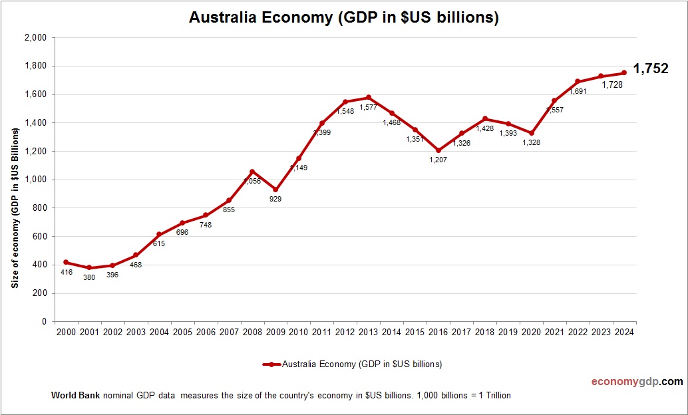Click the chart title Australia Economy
[343, 18]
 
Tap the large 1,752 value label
[650, 69]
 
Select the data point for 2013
[369, 98]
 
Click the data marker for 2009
[275, 190]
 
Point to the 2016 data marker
[438, 150]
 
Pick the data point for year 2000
[66, 262]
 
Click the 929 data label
[275, 199]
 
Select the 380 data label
[89, 277]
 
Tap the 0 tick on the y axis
[43, 322]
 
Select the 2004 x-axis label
[159, 333]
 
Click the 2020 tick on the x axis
[531, 333]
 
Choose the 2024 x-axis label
[624, 333]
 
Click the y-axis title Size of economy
[15, 207]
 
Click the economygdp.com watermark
[637, 382]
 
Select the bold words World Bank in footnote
[75, 395]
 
